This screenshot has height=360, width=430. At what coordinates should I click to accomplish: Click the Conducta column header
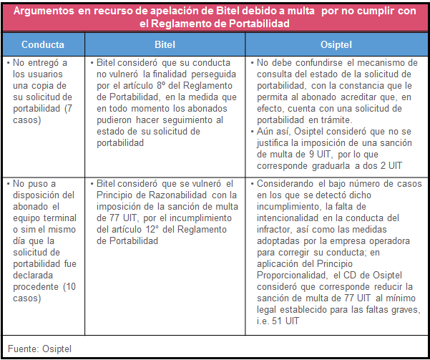point(42,43)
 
